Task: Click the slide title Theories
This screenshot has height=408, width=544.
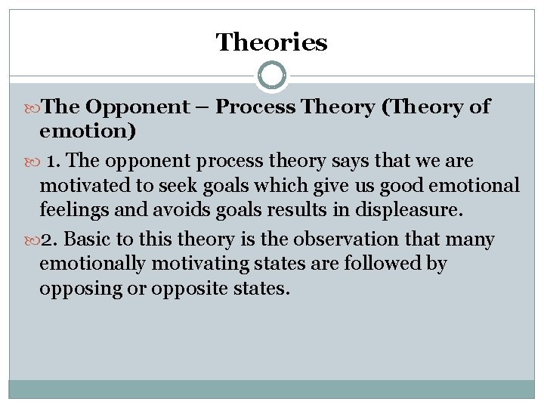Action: coord(271,42)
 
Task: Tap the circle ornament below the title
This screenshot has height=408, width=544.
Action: coord(272,76)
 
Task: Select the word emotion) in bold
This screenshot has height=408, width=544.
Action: coord(88,132)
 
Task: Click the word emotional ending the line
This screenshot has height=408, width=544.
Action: coord(481,186)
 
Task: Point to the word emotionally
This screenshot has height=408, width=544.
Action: coord(86,265)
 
